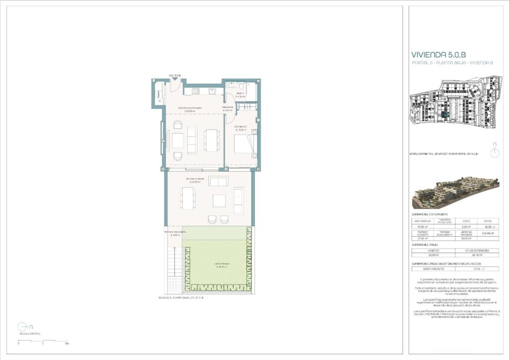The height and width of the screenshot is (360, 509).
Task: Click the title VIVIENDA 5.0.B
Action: [438, 55]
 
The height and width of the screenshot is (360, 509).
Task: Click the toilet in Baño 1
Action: [247, 86]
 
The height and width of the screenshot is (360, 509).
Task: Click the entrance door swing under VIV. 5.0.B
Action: [174, 85]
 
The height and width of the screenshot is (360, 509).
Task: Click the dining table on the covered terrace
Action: [188, 198]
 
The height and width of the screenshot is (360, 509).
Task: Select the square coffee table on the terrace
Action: [219, 200]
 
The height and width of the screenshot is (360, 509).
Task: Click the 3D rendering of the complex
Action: [455, 193]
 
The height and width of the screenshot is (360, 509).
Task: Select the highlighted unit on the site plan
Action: [446, 114]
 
